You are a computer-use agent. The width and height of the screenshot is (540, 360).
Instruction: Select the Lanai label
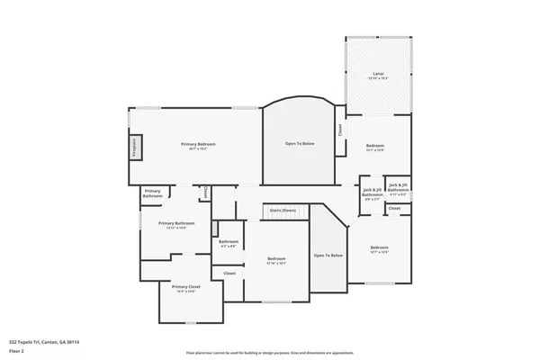pyautogui.click(x=379, y=76)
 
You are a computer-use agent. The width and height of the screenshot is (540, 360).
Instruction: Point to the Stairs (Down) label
pyautogui.click(x=283, y=210)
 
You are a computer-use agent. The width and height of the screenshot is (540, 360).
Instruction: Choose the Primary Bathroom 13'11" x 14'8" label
pyautogui.click(x=176, y=225)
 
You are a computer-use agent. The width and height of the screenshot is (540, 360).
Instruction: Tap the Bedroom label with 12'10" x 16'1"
pyautogui.click(x=275, y=261)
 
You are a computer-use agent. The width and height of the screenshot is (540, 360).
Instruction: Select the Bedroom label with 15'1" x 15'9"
pyautogui.click(x=374, y=148)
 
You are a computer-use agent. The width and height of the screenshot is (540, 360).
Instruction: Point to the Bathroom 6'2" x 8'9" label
pyautogui.click(x=229, y=243)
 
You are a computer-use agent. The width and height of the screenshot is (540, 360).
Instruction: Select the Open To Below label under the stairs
pyautogui.click(x=328, y=256)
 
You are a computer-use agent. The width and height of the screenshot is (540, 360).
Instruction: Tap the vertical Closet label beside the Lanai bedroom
pyautogui.click(x=340, y=130)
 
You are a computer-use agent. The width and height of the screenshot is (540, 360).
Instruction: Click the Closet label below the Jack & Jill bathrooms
pyautogui.click(x=394, y=208)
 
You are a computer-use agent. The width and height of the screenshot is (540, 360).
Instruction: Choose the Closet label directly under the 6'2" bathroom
pyautogui.click(x=229, y=273)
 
